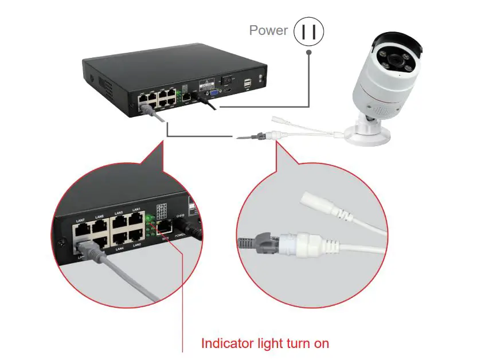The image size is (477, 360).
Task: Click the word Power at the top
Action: pyautogui.click(x=268, y=30)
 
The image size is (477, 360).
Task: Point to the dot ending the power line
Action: pyautogui.click(x=309, y=52)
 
